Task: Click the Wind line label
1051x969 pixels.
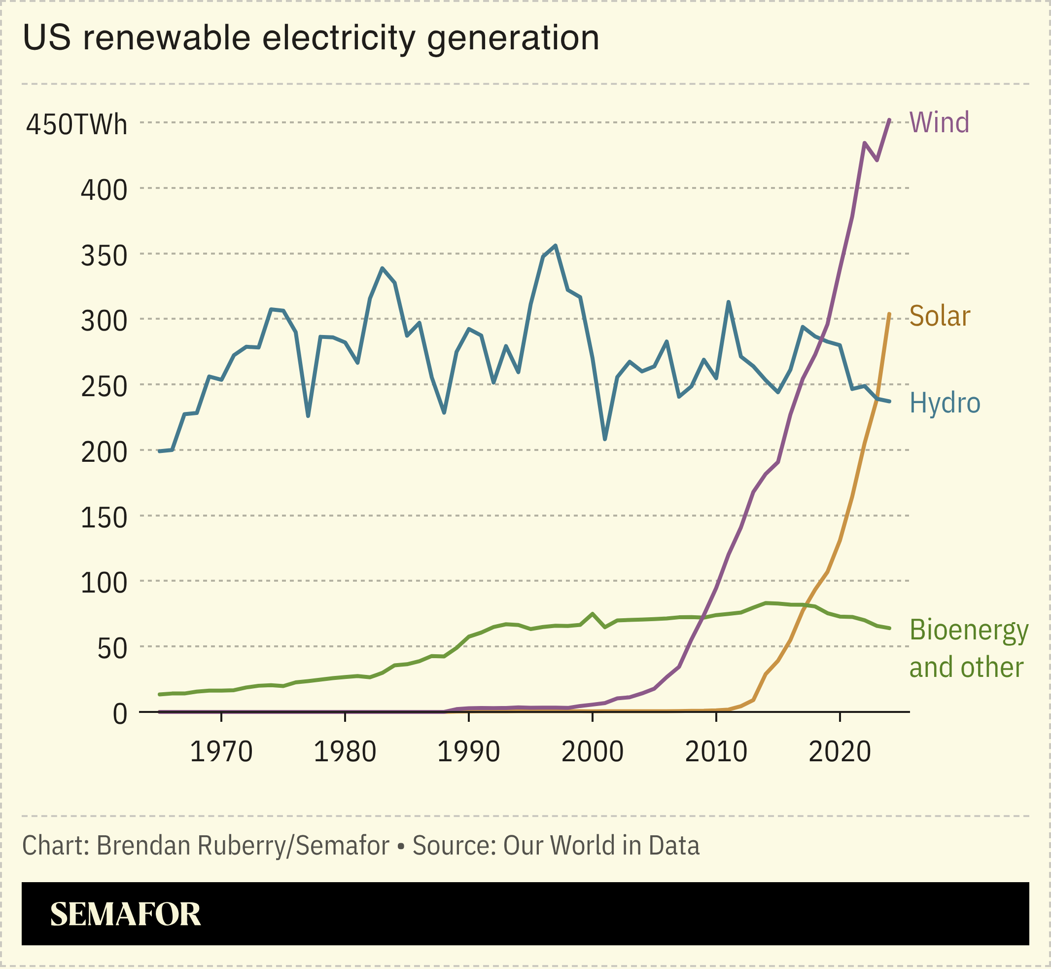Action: click(939, 122)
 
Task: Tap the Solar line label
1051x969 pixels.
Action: click(940, 316)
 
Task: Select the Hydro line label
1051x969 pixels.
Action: click(945, 403)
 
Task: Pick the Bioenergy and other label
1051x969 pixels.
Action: click(968, 649)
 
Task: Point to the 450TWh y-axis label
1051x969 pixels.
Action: click(76, 125)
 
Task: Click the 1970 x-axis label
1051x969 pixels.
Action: click(221, 752)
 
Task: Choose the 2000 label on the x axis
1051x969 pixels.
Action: click(592, 752)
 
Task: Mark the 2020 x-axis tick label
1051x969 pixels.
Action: click(840, 752)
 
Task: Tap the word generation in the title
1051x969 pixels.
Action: click(513, 39)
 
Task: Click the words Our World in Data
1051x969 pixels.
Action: click(601, 845)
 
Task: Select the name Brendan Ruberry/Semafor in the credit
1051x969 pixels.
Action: click(243, 845)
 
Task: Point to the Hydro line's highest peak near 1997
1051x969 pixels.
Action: click(556, 245)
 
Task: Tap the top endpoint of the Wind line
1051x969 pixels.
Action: click(890, 120)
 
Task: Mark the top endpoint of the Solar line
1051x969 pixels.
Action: click(889, 314)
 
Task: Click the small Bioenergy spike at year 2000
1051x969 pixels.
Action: click(592, 613)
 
